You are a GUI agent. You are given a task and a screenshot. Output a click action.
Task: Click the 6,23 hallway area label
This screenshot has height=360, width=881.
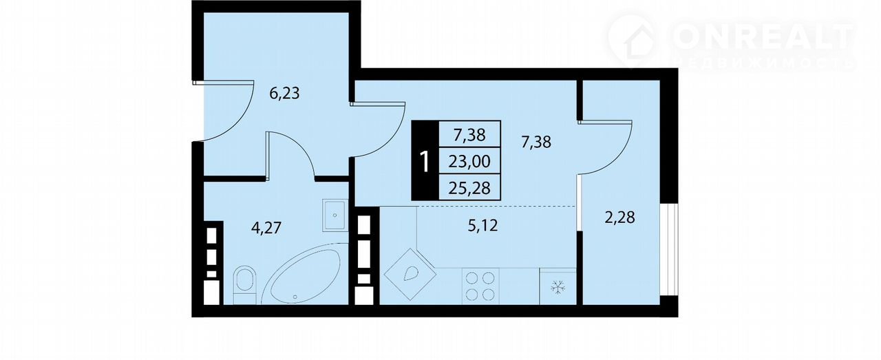click(x=284, y=94)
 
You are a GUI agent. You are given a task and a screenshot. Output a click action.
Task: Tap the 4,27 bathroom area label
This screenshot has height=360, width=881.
click(x=266, y=228)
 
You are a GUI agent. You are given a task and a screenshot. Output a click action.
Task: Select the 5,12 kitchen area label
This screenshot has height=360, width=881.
click(x=482, y=226)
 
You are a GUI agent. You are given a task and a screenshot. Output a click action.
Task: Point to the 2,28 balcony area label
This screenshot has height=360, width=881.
click(x=619, y=218)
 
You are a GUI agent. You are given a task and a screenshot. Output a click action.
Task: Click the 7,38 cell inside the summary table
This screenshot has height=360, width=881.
click(x=469, y=135)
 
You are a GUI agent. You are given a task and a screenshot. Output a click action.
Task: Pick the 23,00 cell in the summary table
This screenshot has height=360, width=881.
click(x=469, y=161)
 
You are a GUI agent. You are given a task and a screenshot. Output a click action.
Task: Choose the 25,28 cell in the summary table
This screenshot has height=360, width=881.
click(x=469, y=188)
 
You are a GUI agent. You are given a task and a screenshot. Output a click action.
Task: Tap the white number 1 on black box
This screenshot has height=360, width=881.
click(x=425, y=161)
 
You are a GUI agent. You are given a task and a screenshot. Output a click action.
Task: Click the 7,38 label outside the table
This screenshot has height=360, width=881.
click(x=536, y=142)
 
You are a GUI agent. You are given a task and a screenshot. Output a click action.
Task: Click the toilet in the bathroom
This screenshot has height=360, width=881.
click(x=244, y=285)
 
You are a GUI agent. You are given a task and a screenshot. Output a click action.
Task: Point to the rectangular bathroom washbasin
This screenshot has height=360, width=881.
click(x=335, y=215)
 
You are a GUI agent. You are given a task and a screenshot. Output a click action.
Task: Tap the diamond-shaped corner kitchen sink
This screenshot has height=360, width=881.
click(x=410, y=274)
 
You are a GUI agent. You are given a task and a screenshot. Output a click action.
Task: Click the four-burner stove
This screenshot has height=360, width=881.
click(x=480, y=286)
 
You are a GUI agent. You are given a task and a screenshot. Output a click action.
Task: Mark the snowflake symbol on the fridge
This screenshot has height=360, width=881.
click(x=558, y=287)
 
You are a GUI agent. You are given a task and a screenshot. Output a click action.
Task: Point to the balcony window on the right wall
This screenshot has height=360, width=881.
click(x=669, y=249)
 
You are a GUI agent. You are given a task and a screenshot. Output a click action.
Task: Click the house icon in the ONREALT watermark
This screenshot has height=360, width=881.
click(x=633, y=43)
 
